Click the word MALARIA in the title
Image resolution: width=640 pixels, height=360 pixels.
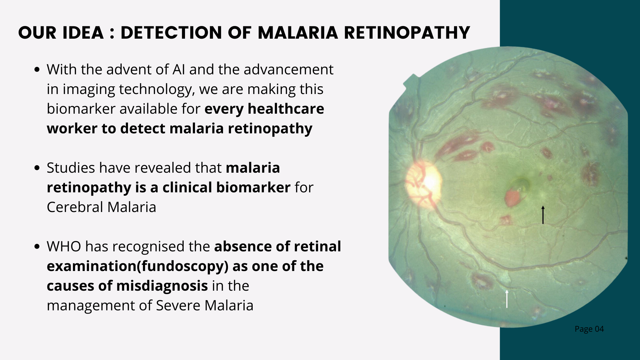298,33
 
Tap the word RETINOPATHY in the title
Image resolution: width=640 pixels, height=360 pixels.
407,33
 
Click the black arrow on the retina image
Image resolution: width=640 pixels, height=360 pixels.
543,215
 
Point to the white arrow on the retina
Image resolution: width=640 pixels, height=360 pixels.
507,299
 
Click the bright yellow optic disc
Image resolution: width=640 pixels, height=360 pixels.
424,183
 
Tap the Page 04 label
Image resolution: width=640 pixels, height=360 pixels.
589,329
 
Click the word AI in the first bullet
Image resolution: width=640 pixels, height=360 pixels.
179,70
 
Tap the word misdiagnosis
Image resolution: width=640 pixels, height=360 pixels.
162,286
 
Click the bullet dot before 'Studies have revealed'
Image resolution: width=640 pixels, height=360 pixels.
37,168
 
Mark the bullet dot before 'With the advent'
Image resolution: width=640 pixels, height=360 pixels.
37,70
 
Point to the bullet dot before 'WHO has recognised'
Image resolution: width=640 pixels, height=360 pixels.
37,247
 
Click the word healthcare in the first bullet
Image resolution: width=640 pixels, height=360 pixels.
286,109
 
